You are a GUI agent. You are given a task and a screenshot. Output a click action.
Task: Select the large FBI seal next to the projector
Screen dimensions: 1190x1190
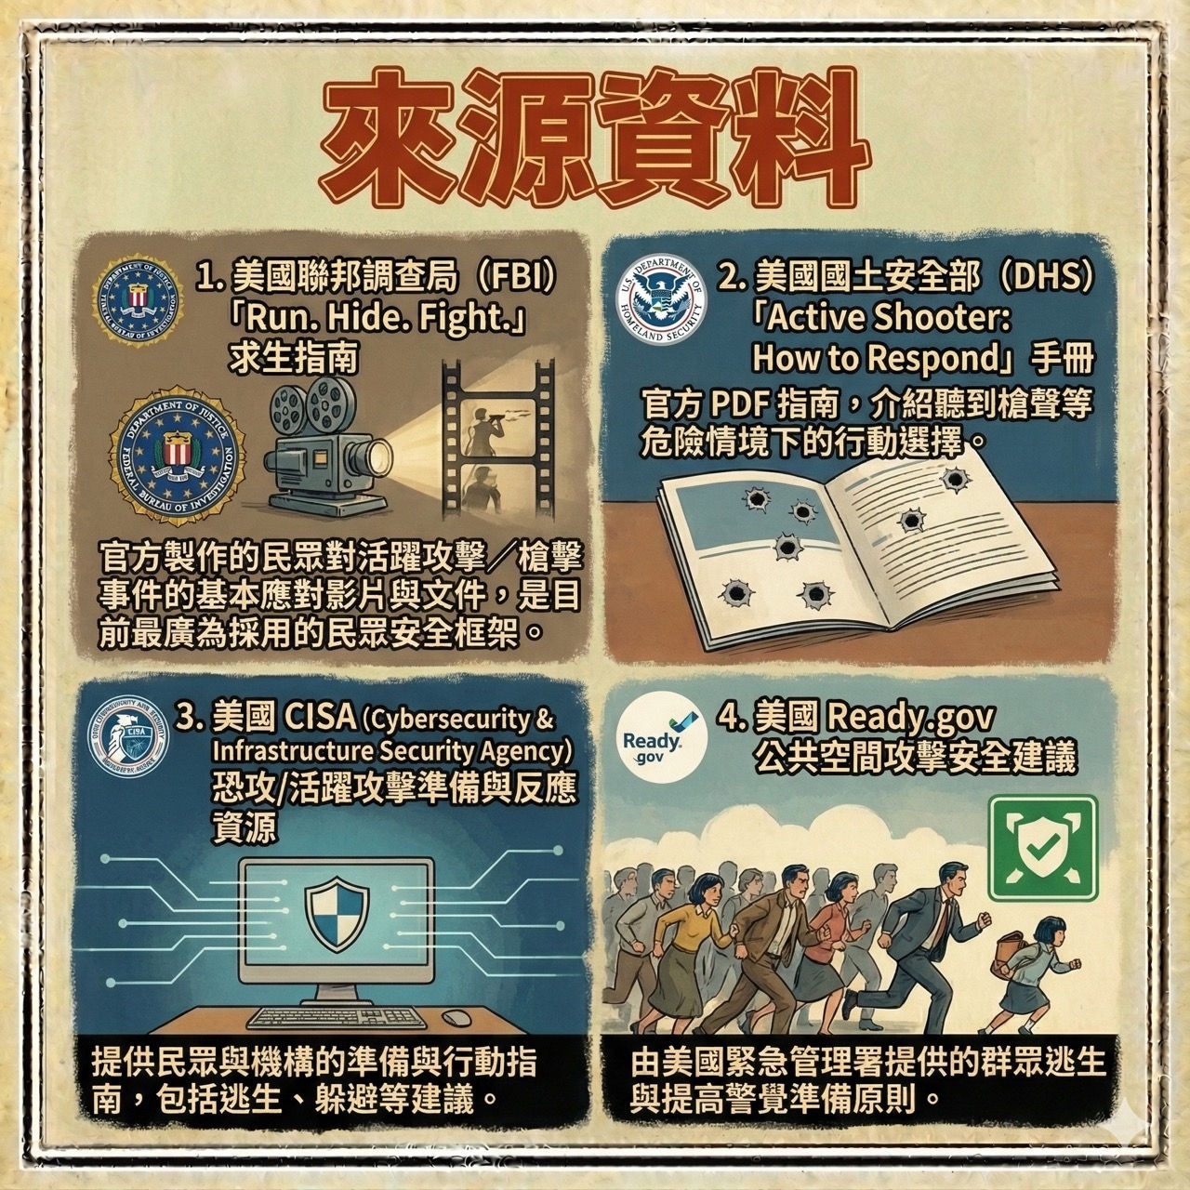178,456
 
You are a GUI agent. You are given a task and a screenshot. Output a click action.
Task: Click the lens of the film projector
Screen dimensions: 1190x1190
379,458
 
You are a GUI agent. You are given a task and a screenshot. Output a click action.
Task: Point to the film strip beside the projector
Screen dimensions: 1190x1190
498,440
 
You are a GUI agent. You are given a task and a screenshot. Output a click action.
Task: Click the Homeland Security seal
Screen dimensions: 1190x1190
661,300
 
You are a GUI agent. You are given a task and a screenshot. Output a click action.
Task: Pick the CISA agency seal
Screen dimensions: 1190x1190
128,736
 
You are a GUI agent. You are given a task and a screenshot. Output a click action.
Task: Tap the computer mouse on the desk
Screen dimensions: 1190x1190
457,1016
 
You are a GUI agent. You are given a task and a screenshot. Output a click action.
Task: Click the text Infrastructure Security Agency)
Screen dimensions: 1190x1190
391,751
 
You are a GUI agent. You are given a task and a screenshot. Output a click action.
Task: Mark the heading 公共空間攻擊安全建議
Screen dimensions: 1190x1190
916,757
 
